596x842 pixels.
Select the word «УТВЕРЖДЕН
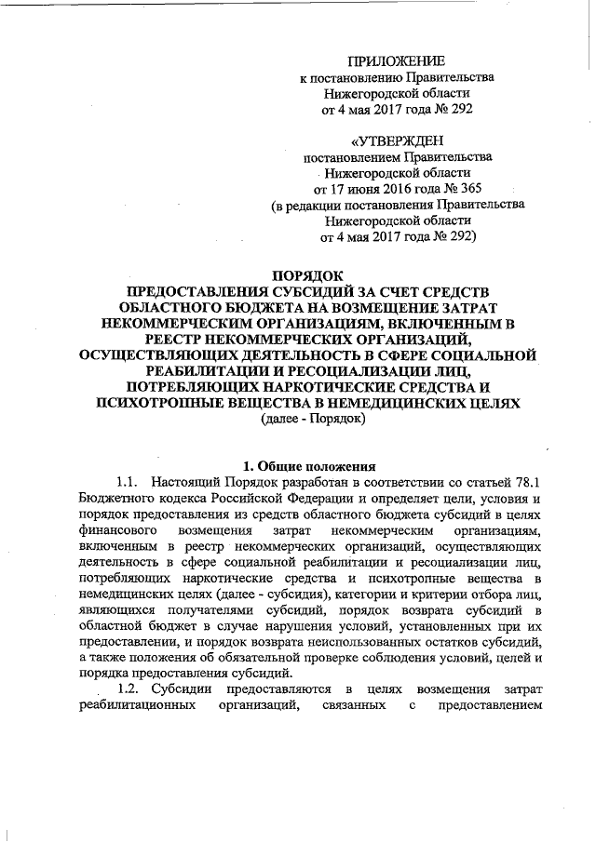coord(390,140)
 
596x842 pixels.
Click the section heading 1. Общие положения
coord(306,466)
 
